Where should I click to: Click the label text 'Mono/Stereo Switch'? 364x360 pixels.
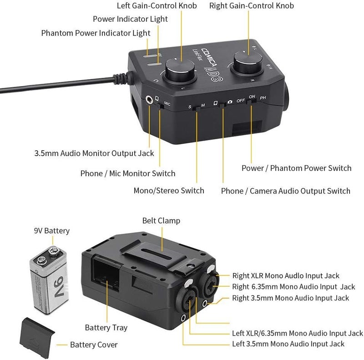coord(168,190)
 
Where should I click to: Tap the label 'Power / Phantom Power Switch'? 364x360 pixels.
coord(296,168)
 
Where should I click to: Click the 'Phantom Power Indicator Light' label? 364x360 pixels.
coord(96,33)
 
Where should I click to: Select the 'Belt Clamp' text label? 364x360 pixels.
coord(162,221)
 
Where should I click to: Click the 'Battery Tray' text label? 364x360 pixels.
coord(106,328)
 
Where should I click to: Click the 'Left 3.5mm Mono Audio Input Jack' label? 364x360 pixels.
coord(288,344)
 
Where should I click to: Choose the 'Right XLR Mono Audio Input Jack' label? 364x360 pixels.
coord(286,276)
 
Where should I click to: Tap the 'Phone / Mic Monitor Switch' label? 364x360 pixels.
coord(127,173)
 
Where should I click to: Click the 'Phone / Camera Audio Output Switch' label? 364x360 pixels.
coord(286,191)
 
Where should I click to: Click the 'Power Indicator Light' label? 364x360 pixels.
coord(130,19)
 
